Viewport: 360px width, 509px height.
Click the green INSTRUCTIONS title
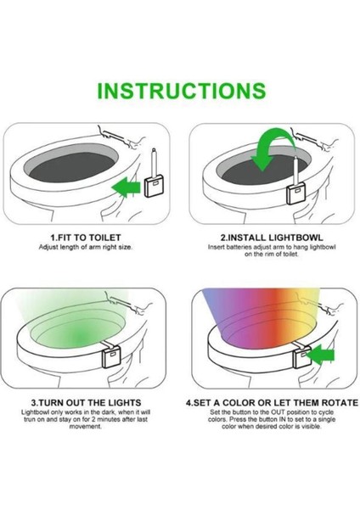[x=182, y=91]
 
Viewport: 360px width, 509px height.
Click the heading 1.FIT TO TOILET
[x=86, y=238]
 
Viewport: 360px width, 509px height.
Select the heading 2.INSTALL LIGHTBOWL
[x=272, y=238]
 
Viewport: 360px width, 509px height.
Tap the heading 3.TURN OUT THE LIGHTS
[x=86, y=403]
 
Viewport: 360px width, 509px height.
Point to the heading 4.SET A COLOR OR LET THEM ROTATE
[x=272, y=403]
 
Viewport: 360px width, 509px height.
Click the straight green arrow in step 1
[x=126, y=187]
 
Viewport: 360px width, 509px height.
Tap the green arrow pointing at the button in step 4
[x=320, y=355]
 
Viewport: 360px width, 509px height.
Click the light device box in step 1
[x=155, y=186]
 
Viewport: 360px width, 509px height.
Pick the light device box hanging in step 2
[x=296, y=193]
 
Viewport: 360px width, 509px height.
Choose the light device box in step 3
[x=111, y=356]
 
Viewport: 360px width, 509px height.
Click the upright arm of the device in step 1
[x=154, y=162]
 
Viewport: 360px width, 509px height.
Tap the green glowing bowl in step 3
[x=77, y=333]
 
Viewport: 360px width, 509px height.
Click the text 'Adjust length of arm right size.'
[x=86, y=247]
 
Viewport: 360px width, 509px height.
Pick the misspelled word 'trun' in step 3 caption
[x=30, y=419]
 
